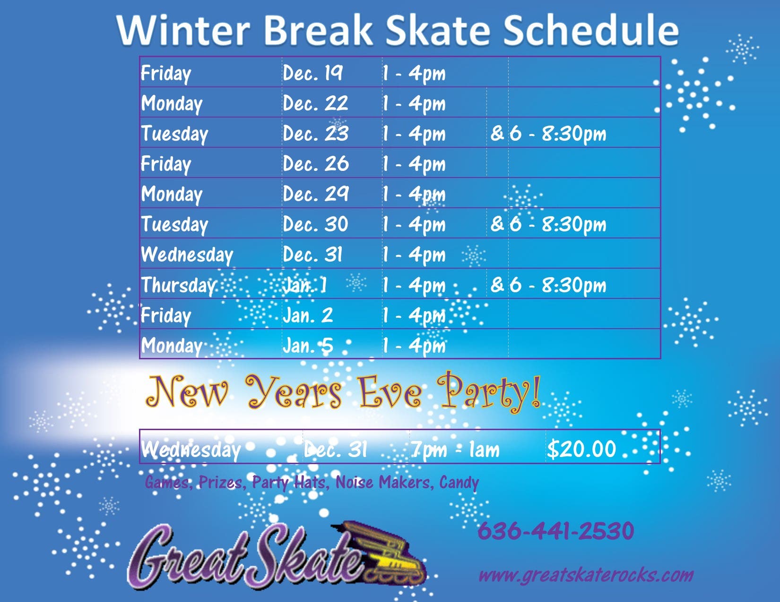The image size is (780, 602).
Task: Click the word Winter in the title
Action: click(183, 30)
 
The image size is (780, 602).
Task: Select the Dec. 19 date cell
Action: click(312, 73)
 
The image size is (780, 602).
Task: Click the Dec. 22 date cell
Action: click(315, 103)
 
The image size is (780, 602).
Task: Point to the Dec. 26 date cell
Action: click(316, 164)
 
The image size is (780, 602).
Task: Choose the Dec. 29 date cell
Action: click(316, 194)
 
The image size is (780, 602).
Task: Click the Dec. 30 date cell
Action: click(315, 224)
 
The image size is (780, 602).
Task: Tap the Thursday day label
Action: click(178, 285)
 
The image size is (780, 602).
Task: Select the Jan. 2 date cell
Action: click(308, 315)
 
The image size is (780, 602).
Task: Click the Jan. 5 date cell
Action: click(308, 346)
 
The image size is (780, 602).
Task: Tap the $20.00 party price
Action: click(581, 449)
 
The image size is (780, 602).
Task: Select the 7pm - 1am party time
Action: click(455, 449)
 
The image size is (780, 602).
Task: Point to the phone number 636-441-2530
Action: click(556, 531)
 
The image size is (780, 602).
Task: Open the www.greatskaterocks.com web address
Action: click(586, 576)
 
